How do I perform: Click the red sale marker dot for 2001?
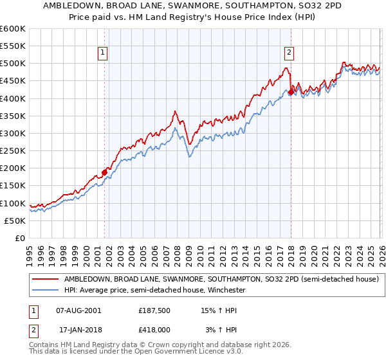(104, 172)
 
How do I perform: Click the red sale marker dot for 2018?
(291, 92)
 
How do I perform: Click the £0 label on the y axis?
(21, 238)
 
